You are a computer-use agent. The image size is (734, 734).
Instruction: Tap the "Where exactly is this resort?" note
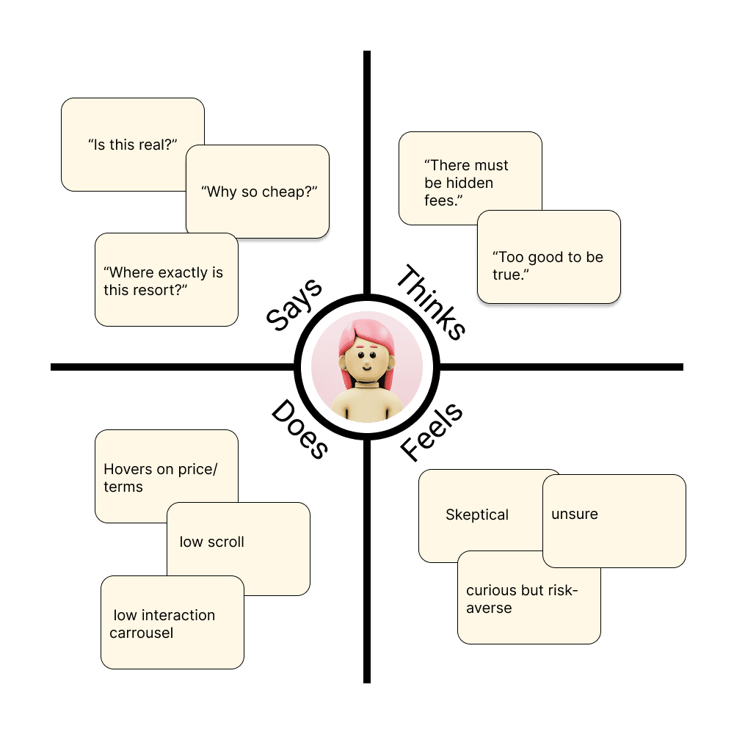pyautogui.click(x=166, y=281)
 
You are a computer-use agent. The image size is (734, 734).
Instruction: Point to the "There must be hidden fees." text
pyautogui.click(x=466, y=183)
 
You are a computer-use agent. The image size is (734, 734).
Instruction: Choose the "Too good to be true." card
pyautogui.click(x=548, y=266)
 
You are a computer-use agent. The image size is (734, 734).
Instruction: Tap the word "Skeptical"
pyautogui.click(x=477, y=515)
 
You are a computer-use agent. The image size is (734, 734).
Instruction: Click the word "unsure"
pyautogui.click(x=575, y=514)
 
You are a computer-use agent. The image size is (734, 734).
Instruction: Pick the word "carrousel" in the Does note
pyautogui.click(x=142, y=633)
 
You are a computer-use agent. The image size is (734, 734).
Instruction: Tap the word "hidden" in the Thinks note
pyautogui.click(x=469, y=183)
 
